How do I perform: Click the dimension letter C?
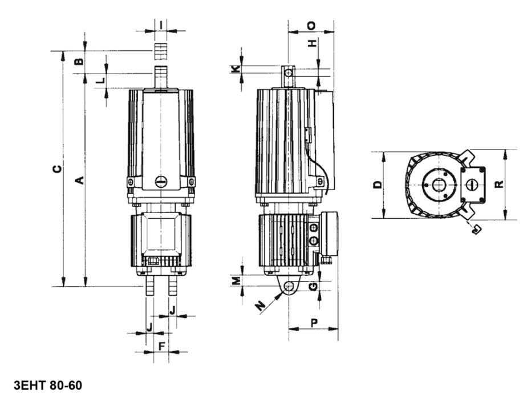pyautogui.click(x=58, y=168)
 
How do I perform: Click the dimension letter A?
pyautogui.click(x=79, y=180)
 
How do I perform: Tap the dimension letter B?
pyautogui.click(x=79, y=62)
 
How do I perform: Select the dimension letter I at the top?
pyautogui.click(x=161, y=25)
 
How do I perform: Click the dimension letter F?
pyautogui.click(x=161, y=346)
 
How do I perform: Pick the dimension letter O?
pyautogui.click(x=311, y=26)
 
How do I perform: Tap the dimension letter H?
pyautogui.click(x=312, y=43)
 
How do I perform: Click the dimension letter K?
pyautogui.click(x=236, y=69)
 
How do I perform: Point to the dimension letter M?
pyautogui.click(x=236, y=280)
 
